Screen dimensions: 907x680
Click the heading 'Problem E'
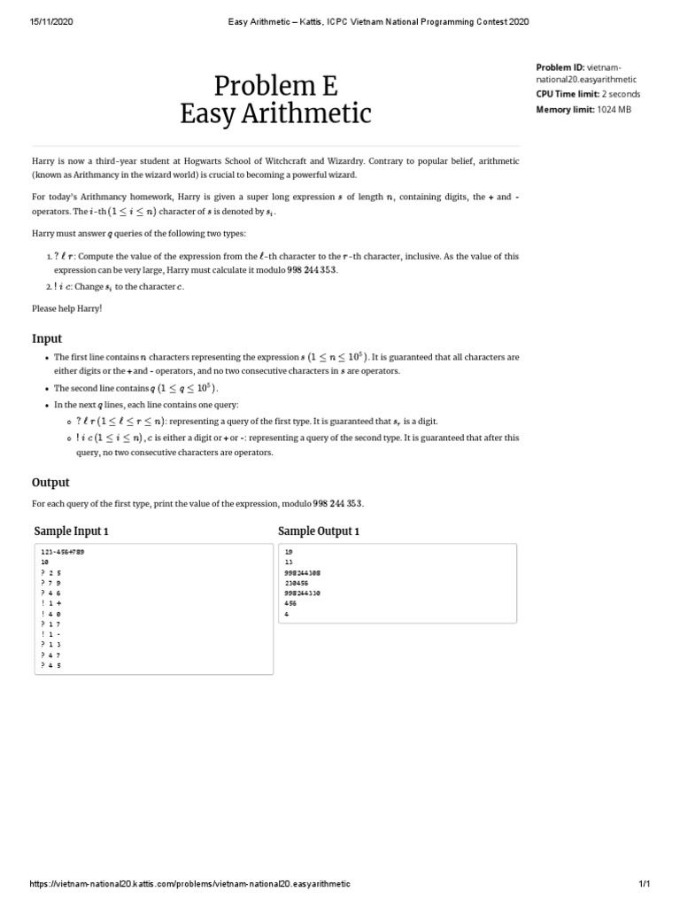(275, 85)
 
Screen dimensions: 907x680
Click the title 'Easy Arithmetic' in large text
(275, 114)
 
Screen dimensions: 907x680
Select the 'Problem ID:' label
(560, 66)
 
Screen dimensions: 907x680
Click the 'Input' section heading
(47, 338)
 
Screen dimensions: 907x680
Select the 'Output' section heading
(50, 483)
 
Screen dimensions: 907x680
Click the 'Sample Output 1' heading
(319, 531)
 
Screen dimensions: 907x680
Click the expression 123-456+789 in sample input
(63, 551)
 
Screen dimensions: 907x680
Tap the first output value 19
(289, 551)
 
